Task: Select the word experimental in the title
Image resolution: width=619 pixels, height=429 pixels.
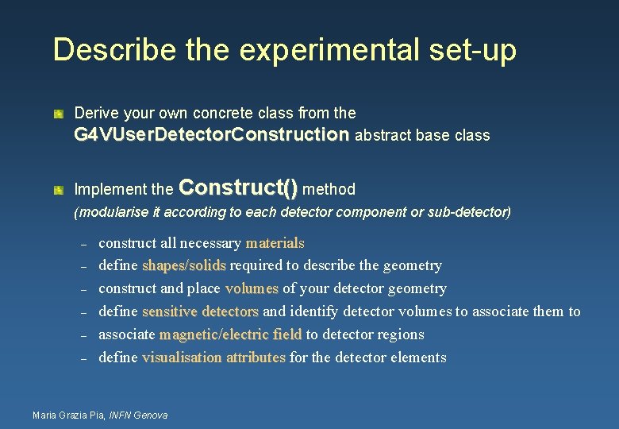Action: (x=322, y=49)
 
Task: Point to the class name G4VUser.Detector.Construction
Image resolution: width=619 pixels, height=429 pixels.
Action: (x=211, y=135)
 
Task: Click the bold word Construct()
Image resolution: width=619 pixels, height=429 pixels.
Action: (x=239, y=187)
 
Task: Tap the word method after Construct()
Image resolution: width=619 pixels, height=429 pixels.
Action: (x=329, y=189)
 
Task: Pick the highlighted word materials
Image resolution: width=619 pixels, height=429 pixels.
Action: (x=275, y=243)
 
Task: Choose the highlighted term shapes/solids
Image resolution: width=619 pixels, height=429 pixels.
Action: (x=184, y=265)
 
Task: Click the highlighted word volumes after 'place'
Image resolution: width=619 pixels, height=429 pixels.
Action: (x=252, y=288)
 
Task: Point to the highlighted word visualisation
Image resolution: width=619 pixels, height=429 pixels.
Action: (x=182, y=357)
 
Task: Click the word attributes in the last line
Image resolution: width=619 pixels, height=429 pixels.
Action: (x=256, y=357)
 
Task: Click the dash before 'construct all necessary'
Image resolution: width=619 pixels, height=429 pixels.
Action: (x=83, y=243)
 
